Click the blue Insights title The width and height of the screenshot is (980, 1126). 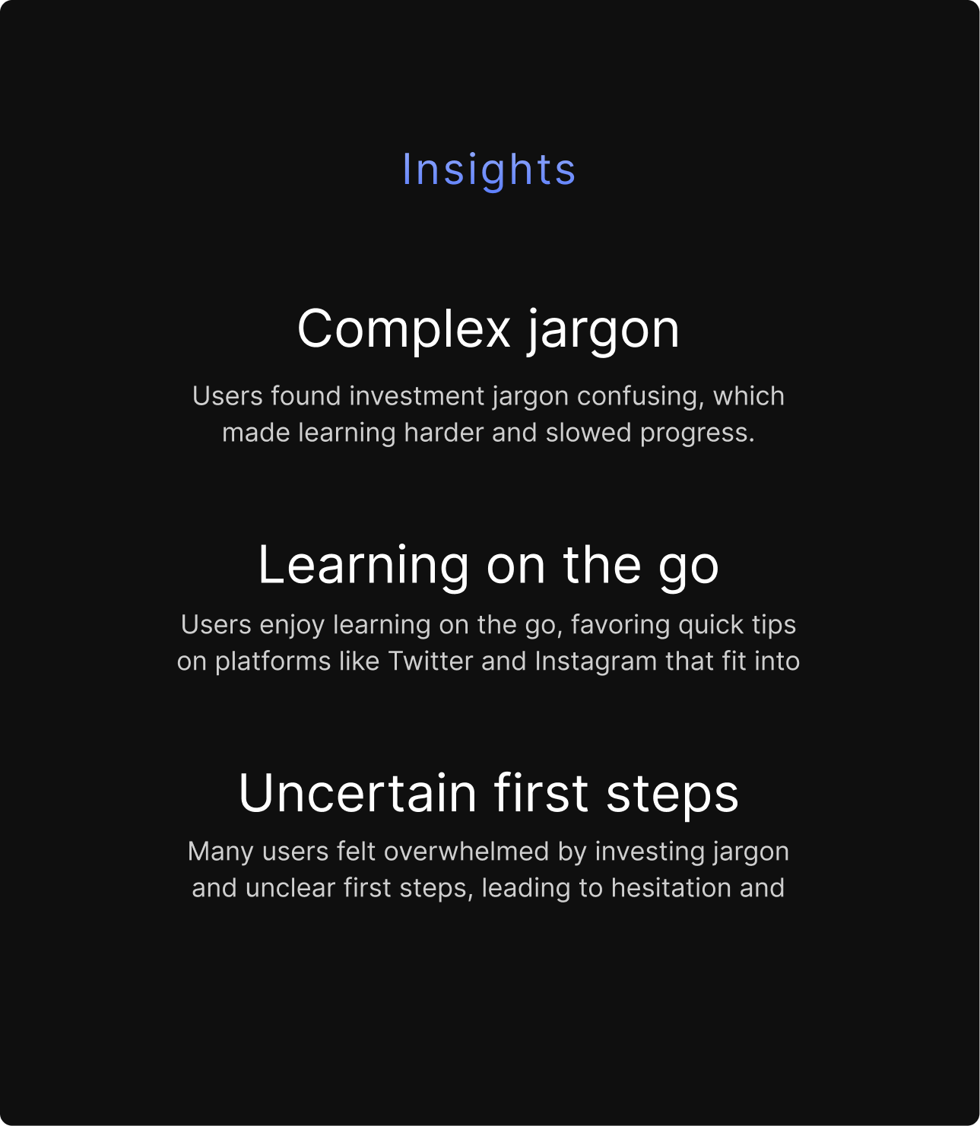[489, 169]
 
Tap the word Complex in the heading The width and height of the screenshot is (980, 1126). [404, 329]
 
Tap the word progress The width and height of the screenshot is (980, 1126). [696, 433]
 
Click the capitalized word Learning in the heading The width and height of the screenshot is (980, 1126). [363, 565]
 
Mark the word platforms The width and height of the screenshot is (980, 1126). [273, 661]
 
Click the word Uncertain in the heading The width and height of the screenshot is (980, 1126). [357, 793]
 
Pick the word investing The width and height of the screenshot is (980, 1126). [640, 851]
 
